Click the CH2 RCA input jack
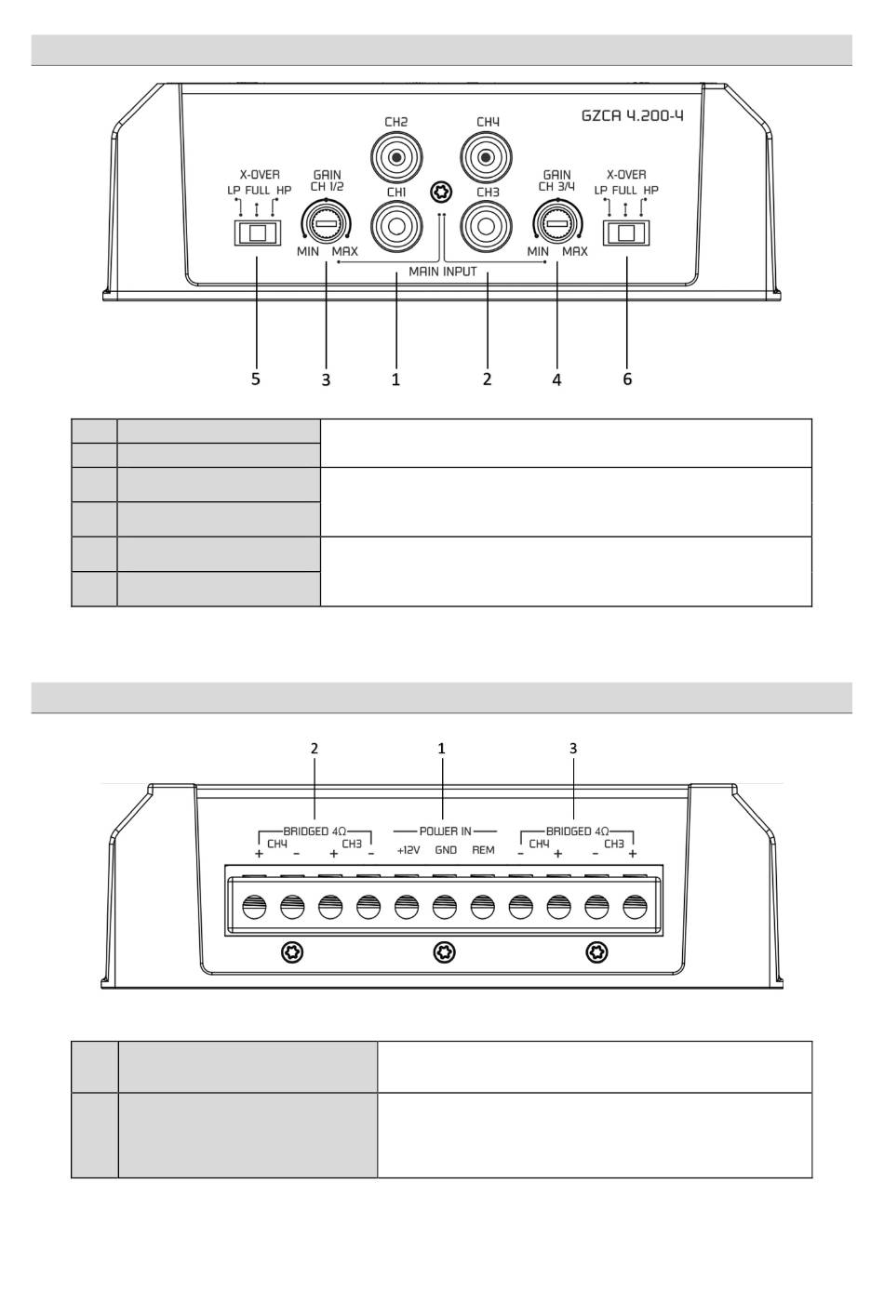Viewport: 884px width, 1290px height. [396, 155]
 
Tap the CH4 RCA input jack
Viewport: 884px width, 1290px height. [488, 155]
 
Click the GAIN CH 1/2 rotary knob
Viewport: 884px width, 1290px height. [326, 224]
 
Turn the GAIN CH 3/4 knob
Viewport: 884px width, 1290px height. [556, 224]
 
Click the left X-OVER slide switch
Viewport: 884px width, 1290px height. [257, 232]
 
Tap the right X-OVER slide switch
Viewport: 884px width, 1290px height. [626, 232]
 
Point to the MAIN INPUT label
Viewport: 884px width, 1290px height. [443, 273]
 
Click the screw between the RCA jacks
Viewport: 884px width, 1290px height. [442, 192]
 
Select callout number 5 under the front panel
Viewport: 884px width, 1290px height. [256, 379]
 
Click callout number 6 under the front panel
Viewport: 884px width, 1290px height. [627, 379]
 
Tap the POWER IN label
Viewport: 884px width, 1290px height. [445, 831]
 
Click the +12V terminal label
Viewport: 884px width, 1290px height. [409, 850]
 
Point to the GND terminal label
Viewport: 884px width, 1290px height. [446, 850]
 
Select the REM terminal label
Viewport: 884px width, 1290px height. [483, 850]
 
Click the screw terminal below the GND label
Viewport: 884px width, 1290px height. [444, 906]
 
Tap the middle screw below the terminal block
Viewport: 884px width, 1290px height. [445, 951]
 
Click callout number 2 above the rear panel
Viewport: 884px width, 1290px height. [315, 748]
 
